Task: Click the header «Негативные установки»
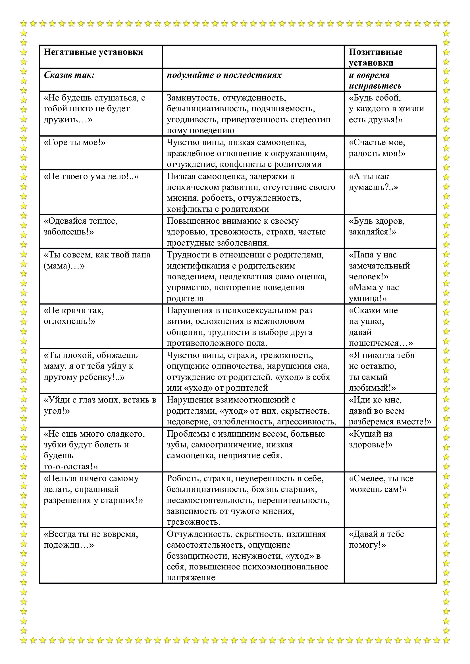(x=93, y=52)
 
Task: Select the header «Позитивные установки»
(x=375, y=57)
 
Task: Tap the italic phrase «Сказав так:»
(x=69, y=75)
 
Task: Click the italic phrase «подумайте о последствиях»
(x=224, y=75)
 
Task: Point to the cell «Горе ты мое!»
(x=74, y=143)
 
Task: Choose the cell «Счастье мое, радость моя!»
(x=377, y=148)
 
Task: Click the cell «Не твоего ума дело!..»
(x=91, y=176)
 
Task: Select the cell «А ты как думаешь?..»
(x=373, y=182)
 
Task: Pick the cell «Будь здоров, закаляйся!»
(x=377, y=227)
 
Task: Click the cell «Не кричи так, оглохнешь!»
(x=74, y=316)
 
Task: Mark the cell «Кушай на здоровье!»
(x=371, y=439)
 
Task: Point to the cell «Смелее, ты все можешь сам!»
(x=381, y=484)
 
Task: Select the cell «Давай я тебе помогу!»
(x=376, y=540)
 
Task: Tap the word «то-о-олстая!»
(x=71, y=466)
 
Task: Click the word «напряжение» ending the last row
(x=191, y=577)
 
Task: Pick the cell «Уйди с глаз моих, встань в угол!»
(x=100, y=405)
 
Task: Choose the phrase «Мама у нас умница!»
(x=374, y=293)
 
